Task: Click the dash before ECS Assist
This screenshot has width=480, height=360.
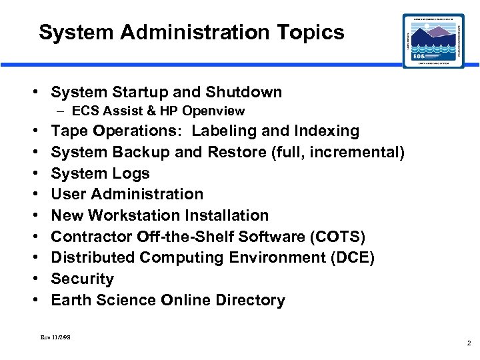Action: [x=62, y=111]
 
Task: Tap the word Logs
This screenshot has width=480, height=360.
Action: [x=131, y=173]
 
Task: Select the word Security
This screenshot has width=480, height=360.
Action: [x=82, y=279]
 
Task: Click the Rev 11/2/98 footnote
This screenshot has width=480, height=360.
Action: [x=55, y=337]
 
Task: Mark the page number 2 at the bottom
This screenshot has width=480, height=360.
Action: [x=469, y=343]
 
